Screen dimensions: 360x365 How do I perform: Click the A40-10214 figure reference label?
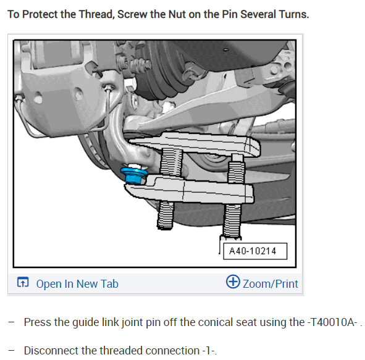point(253,251)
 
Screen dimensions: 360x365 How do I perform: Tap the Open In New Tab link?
point(77,284)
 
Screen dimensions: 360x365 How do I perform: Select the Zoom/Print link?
point(270,284)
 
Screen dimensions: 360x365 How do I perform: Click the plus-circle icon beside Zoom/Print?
point(233,282)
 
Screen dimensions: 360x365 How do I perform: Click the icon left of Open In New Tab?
point(23,283)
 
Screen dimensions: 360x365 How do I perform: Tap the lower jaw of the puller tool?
point(198,189)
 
